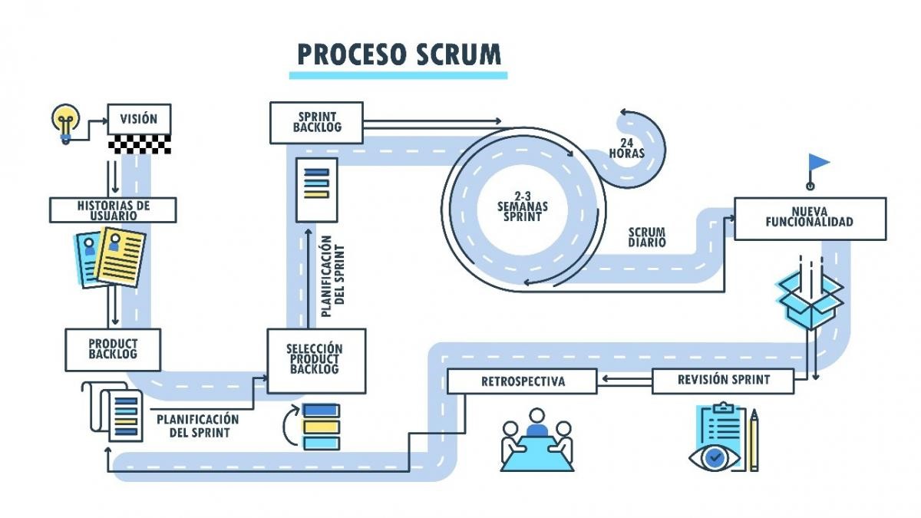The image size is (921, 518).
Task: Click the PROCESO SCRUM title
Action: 398,54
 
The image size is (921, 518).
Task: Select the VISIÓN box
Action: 139,119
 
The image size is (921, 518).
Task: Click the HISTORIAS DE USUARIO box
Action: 113,210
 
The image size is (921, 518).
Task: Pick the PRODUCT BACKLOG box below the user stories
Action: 113,349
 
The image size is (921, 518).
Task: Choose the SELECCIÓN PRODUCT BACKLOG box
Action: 315,359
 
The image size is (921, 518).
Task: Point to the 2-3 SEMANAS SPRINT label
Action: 522,206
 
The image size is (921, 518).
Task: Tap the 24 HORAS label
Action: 627,148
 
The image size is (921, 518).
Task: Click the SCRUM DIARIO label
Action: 647,237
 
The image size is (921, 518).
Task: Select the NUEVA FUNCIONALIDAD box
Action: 809,218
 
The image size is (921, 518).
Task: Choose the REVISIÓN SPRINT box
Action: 723,380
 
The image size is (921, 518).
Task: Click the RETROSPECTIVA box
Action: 523,381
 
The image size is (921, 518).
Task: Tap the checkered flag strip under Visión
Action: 139,144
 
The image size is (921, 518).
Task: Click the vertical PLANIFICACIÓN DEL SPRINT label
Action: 332,276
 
